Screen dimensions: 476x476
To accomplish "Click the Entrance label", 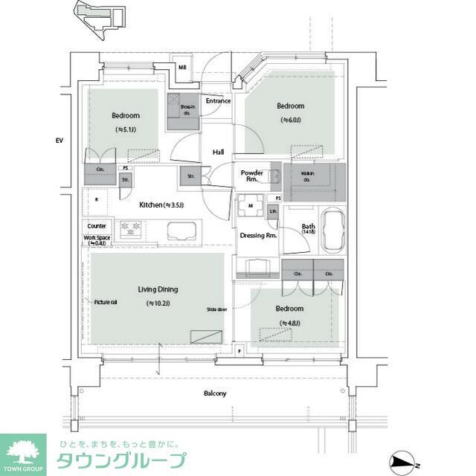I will [x=218, y=100].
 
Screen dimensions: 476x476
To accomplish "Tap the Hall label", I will [x=218, y=152].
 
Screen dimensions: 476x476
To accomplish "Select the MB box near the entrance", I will [x=182, y=68].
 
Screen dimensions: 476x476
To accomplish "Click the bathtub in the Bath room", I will [x=328, y=231].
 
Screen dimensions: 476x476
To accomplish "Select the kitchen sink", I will [x=179, y=232].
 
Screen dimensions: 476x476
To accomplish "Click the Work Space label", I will [x=97, y=240].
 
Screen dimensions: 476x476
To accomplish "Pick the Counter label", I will [x=97, y=226].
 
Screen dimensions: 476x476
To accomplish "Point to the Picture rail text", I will [x=105, y=302].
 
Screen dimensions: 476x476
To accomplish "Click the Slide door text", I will [x=217, y=309].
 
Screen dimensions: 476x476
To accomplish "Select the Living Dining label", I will [x=157, y=289].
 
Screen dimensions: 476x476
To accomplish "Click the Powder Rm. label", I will [x=252, y=176].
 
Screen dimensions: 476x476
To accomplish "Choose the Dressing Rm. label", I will [x=258, y=236].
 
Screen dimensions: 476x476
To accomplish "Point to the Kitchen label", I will [x=156, y=205].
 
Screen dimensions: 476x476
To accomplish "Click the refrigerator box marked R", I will [x=97, y=199].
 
